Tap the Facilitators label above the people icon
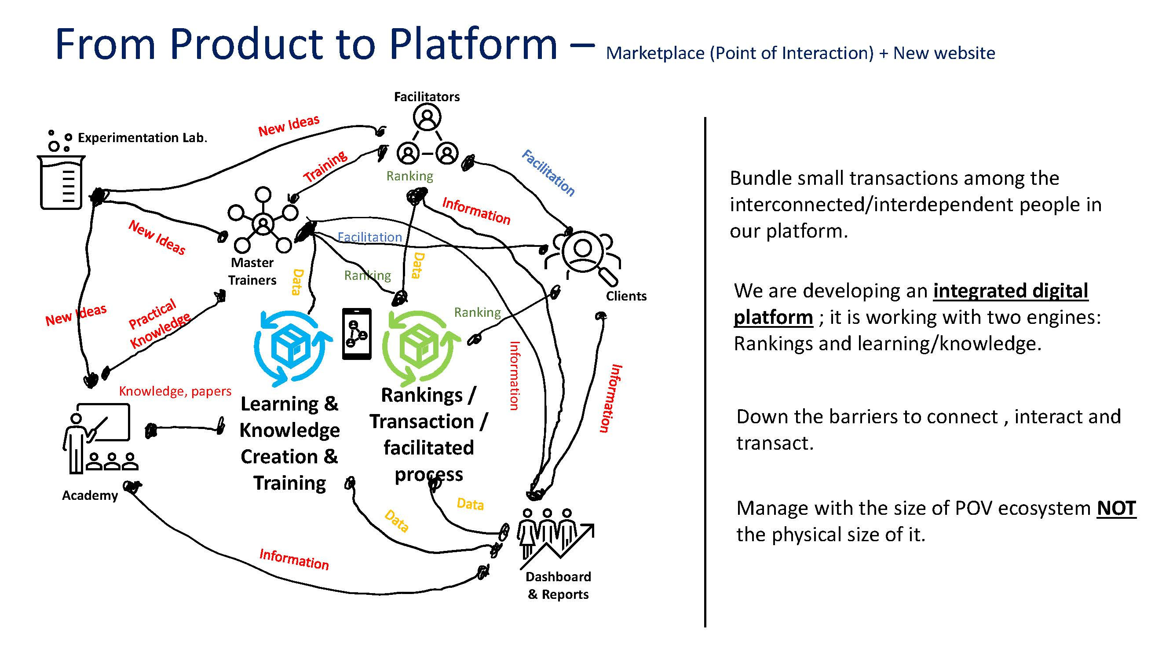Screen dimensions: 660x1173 pyautogui.click(x=427, y=96)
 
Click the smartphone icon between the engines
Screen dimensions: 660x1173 pyautogui.click(x=357, y=334)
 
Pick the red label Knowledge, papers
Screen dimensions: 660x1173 pyautogui.click(x=175, y=391)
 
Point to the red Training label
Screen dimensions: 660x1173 pyautogui.click(x=325, y=166)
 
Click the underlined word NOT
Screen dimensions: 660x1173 pyautogui.click(x=1116, y=508)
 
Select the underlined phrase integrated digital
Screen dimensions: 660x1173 pyautogui.click(x=1010, y=290)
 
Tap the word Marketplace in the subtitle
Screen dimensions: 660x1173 pyautogui.click(x=655, y=53)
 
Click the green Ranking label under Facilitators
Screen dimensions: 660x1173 pyautogui.click(x=409, y=176)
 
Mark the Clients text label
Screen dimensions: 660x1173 pyautogui.click(x=626, y=296)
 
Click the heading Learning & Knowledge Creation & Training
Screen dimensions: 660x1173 pyautogui.click(x=289, y=443)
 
